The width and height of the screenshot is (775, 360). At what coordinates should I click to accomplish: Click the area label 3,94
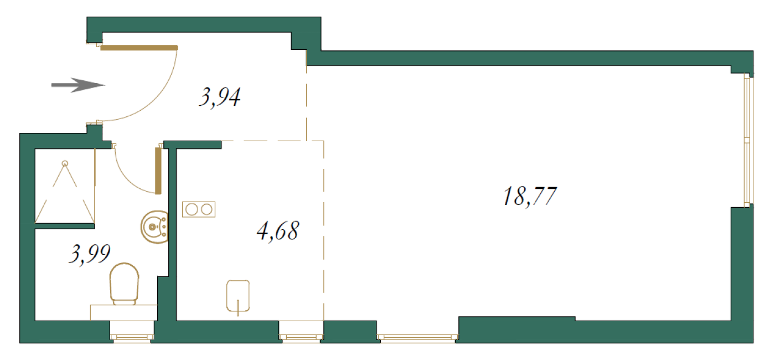coord(220,97)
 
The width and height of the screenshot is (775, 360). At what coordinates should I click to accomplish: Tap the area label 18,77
coord(530,196)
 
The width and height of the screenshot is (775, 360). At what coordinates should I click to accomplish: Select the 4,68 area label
coord(278,231)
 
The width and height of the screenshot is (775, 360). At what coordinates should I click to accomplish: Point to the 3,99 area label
coord(90,254)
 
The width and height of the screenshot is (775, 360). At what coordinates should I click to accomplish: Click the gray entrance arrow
coord(78,85)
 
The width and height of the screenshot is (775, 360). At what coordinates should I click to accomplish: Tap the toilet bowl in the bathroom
coord(124,283)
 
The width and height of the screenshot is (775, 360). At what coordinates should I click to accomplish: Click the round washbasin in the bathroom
coord(154,227)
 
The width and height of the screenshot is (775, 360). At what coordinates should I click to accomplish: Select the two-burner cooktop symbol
coord(199,209)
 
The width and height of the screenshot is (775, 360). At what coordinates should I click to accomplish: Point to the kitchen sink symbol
coord(238,296)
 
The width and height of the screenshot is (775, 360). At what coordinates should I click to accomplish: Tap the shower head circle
coord(65,163)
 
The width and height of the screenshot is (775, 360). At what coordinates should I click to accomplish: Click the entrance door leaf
coord(139,48)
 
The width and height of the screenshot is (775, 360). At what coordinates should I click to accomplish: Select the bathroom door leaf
coord(158,171)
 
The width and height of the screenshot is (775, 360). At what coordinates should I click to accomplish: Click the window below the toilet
coord(132,337)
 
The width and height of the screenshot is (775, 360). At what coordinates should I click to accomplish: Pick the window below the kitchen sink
coord(301,337)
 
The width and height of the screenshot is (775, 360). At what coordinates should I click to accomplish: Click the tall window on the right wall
coord(747,140)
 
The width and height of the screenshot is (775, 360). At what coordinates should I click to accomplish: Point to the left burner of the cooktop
coord(192,209)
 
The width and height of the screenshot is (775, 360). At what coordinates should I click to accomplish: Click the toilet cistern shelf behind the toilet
coord(124,312)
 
